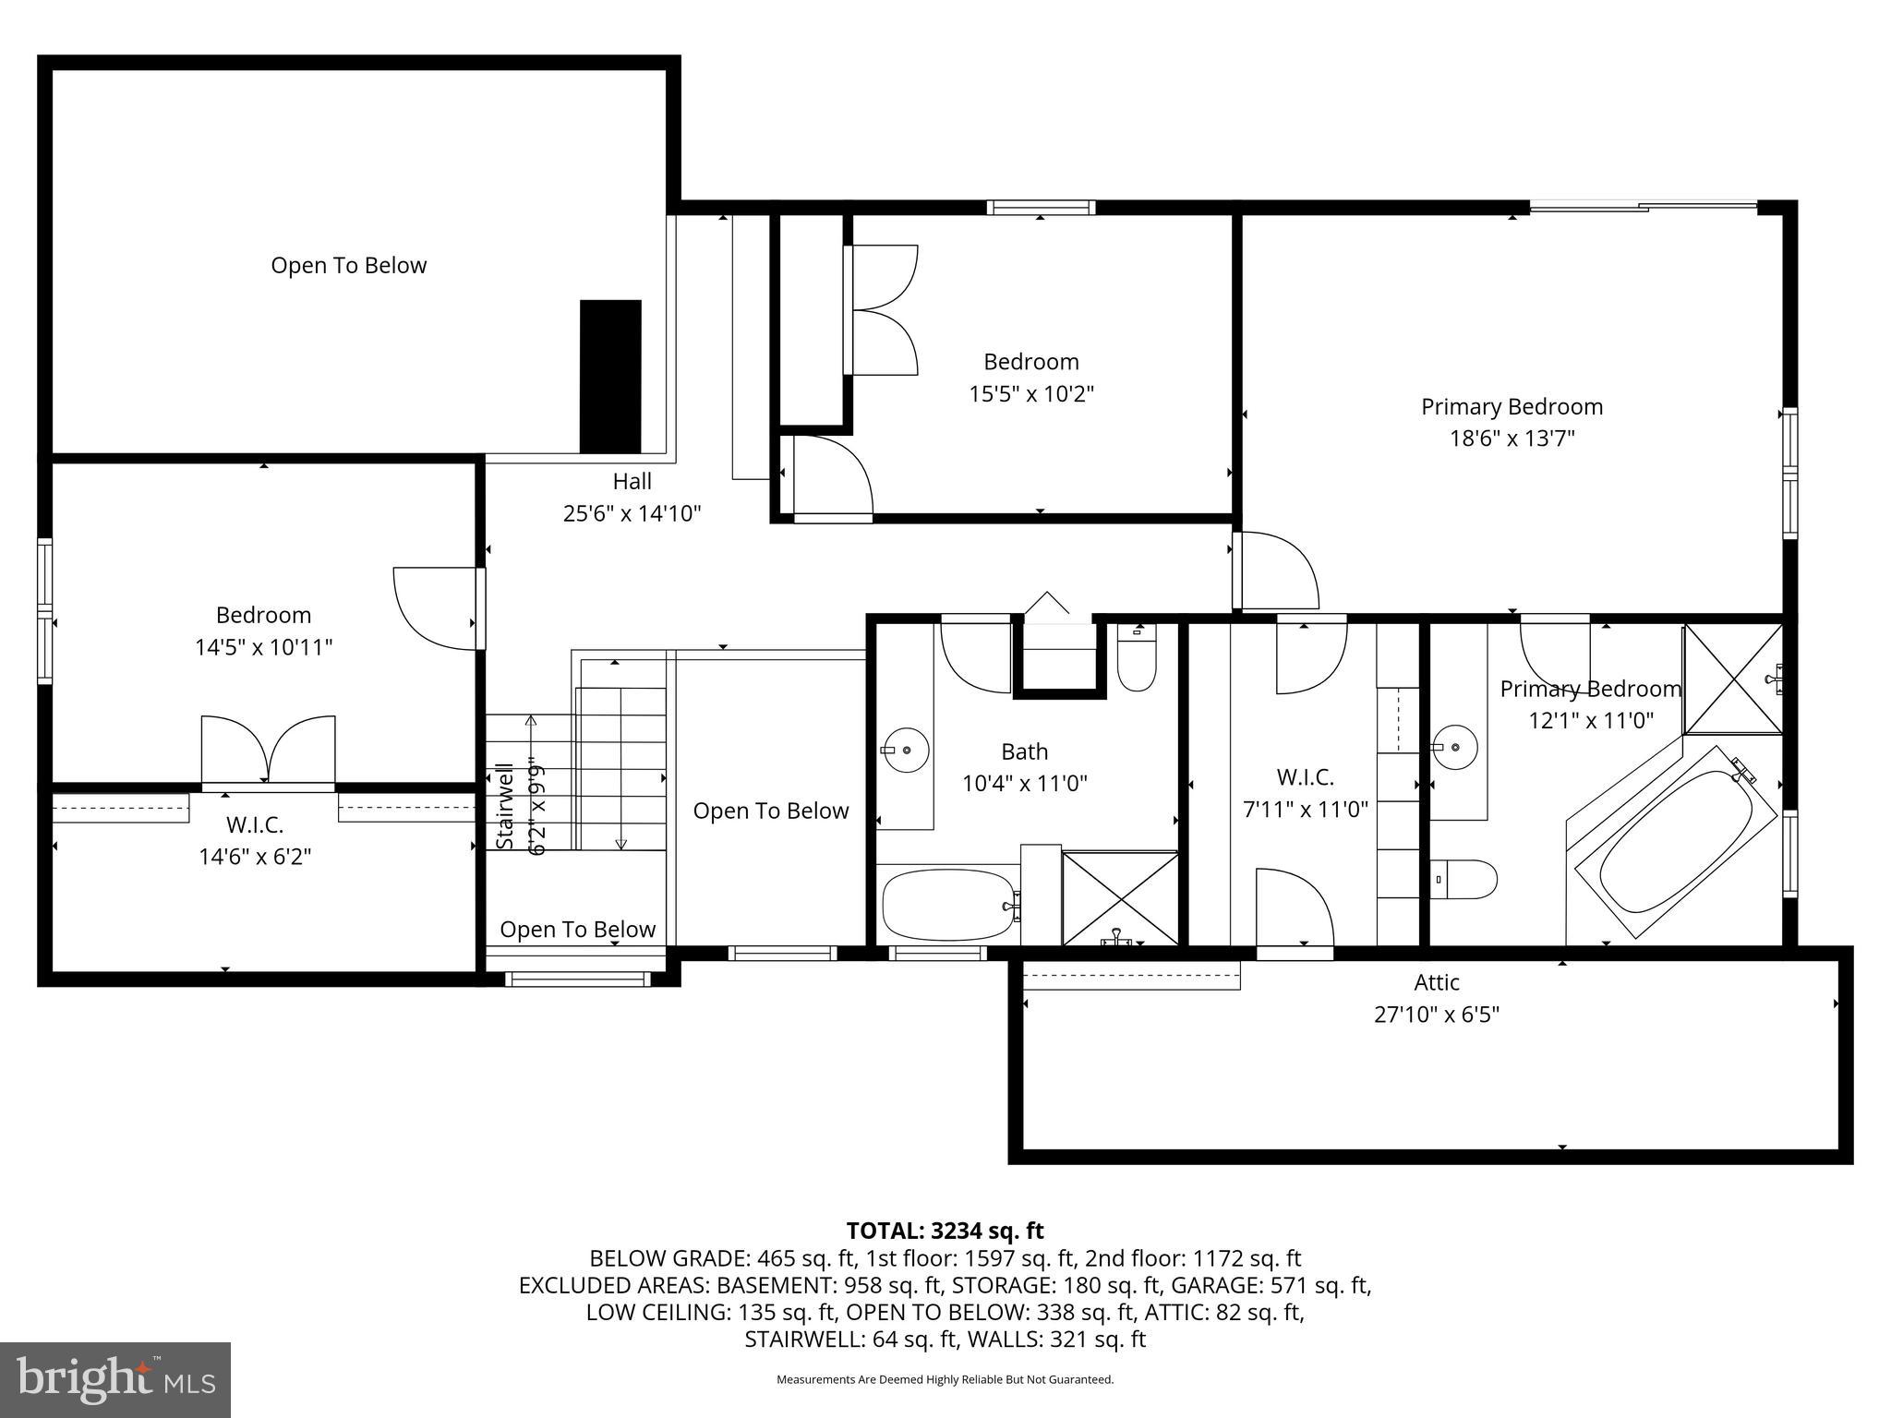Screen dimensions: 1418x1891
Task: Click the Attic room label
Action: tap(1436, 982)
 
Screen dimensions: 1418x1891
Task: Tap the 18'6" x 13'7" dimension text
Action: tap(1512, 438)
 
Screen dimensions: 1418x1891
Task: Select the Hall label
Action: tap(632, 481)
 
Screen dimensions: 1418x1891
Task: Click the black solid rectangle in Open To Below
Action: tap(609, 376)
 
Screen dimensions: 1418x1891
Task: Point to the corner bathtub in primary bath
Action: tap(1674, 842)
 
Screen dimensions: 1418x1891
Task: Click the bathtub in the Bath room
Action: tap(948, 906)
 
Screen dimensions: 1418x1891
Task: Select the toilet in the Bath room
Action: tap(1137, 657)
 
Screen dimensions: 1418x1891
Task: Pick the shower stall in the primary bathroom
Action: tap(1733, 679)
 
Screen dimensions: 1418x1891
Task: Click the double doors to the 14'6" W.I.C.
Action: tap(268, 750)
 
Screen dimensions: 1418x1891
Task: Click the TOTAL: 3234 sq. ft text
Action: tap(945, 1231)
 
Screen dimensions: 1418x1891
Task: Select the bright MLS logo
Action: tap(115, 1379)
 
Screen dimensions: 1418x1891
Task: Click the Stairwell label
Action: tap(504, 807)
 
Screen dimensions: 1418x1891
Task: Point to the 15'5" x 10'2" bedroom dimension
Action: tap(1030, 394)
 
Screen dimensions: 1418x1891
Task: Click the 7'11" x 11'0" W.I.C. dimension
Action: tap(1305, 810)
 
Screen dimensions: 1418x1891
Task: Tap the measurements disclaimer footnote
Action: tap(945, 1379)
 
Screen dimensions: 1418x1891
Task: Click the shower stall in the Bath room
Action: tap(1119, 898)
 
